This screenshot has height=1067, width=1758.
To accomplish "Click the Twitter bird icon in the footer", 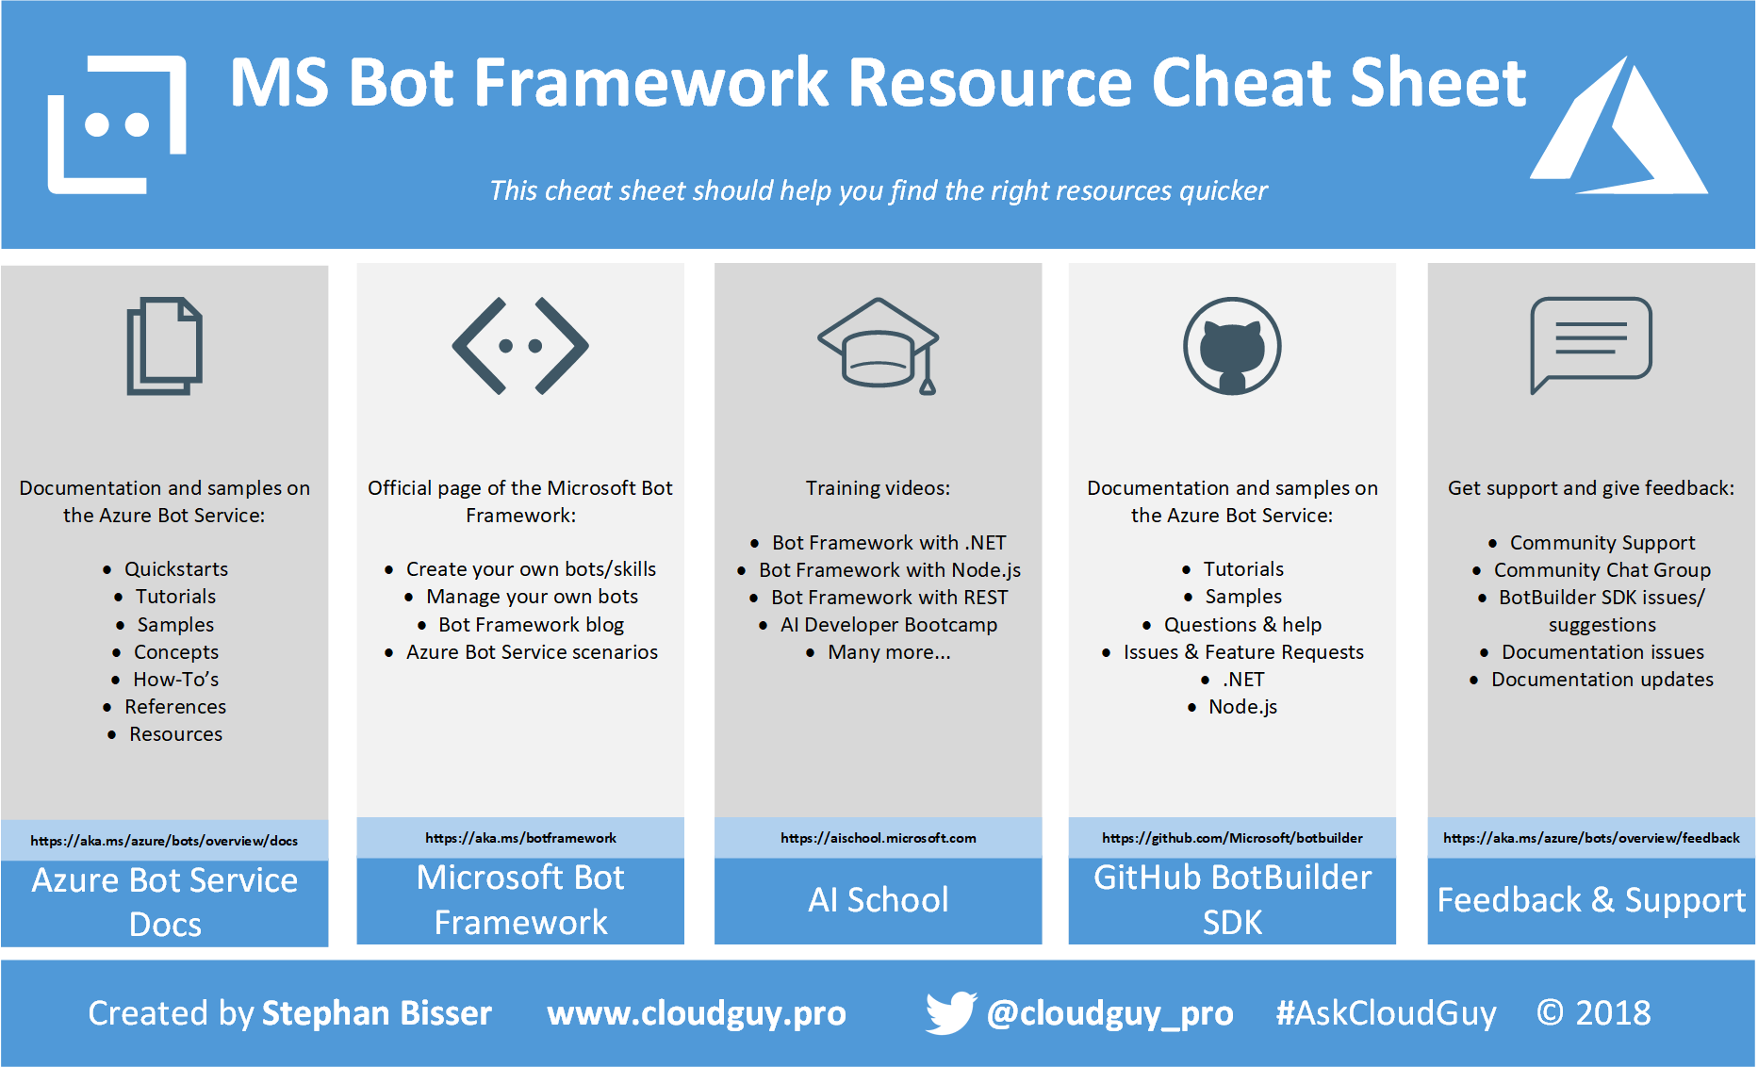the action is (x=950, y=1013).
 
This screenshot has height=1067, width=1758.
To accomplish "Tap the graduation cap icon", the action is (x=879, y=346).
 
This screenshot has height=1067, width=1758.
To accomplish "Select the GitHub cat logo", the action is (x=1232, y=346).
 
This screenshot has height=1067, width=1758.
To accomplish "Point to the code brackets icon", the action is (x=520, y=346).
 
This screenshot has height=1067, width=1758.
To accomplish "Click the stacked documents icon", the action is (x=164, y=346).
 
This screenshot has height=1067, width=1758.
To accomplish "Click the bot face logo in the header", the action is (x=117, y=124).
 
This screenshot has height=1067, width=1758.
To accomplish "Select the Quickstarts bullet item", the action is (x=176, y=569).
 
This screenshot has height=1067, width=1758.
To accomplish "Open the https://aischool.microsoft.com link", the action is (x=879, y=838).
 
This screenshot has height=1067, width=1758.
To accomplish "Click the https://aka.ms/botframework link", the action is (x=520, y=838).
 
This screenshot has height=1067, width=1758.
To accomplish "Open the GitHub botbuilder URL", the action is (x=1232, y=838).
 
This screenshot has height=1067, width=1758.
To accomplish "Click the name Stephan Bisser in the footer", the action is (x=377, y=1013).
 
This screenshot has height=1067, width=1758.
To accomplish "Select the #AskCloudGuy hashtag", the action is (x=1386, y=1013).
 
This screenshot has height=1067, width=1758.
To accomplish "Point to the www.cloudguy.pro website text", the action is (x=697, y=1014).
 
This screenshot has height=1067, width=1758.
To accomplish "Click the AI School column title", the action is (x=879, y=900).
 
